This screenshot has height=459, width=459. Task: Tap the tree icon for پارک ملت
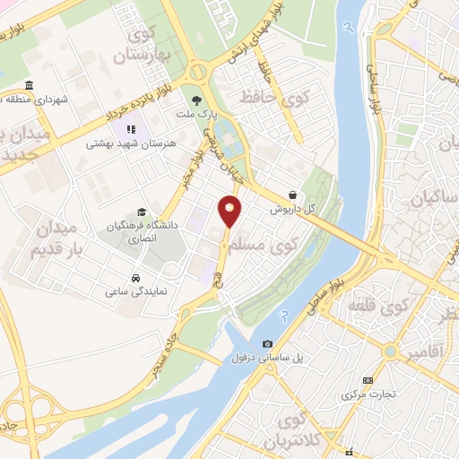(195, 100)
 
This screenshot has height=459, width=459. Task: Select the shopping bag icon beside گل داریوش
(293, 194)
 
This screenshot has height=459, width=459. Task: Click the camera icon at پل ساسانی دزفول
(267, 344)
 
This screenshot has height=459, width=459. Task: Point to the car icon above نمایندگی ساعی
(134, 278)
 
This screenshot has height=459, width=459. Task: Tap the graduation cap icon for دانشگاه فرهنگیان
(142, 212)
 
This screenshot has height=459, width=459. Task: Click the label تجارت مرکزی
(368, 395)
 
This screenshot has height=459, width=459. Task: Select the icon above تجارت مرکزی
(367, 380)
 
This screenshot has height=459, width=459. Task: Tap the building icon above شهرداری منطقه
(30, 86)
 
